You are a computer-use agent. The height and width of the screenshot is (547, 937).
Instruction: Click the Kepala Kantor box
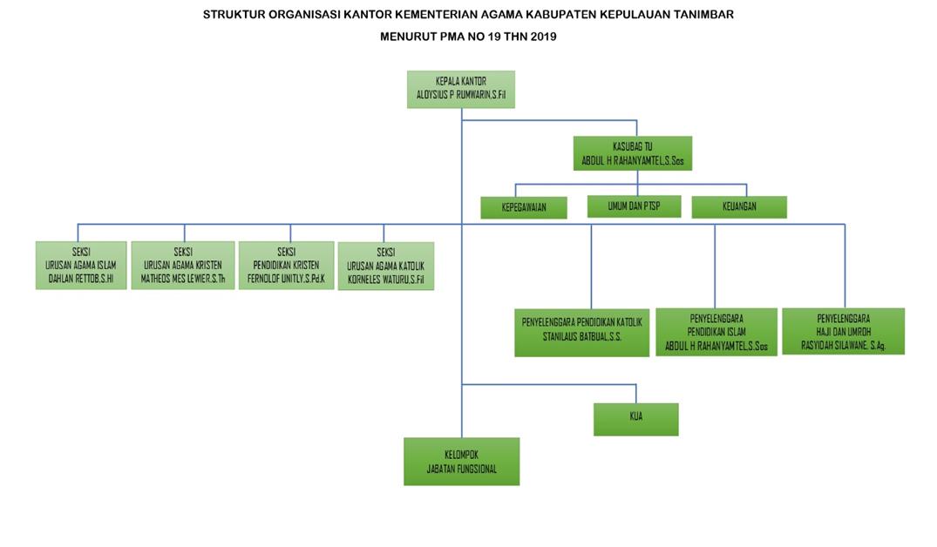(x=460, y=89)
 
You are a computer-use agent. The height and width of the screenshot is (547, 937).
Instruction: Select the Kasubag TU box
(x=632, y=152)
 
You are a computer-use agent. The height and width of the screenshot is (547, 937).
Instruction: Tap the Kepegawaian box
(x=523, y=207)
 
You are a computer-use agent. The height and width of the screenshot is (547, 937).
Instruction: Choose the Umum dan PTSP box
(x=634, y=206)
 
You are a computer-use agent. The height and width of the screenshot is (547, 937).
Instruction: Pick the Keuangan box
(x=739, y=207)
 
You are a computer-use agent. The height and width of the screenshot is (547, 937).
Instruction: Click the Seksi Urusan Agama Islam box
(x=80, y=265)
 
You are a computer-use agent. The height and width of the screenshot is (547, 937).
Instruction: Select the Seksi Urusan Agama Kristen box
(x=183, y=265)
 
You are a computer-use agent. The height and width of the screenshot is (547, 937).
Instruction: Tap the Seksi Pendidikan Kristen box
(x=286, y=264)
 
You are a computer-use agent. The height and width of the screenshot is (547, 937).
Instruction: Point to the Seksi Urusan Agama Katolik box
(x=385, y=266)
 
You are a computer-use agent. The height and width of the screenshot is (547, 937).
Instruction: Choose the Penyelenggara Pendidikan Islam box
(x=716, y=331)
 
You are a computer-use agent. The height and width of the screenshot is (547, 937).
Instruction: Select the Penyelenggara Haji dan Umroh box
(x=843, y=331)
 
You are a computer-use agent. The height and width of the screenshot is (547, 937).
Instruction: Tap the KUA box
(x=635, y=418)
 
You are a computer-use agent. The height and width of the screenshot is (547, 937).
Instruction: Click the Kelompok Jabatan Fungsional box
(x=461, y=461)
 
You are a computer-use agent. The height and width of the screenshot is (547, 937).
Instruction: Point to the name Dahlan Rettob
(x=80, y=280)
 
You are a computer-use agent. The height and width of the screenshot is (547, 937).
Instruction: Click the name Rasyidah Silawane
(x=843, y=344)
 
